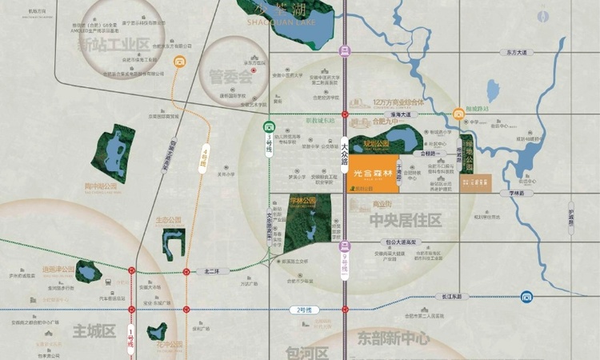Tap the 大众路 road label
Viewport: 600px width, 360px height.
coord(345,153)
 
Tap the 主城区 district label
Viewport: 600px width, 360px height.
coord(94,330)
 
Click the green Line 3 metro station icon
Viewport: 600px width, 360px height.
coord(270,126)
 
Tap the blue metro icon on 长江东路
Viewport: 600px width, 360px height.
coord(527,297)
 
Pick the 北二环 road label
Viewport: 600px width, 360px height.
coord(211,271)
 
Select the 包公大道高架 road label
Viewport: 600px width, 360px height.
coord(402,241)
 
